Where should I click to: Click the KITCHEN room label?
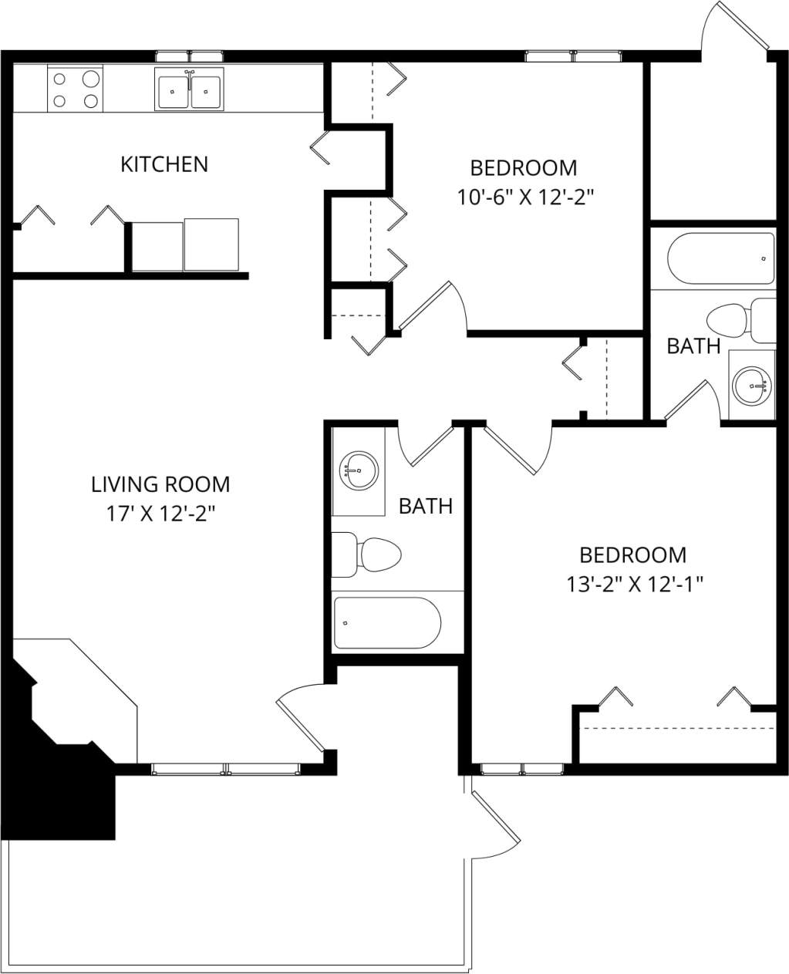(x=164, y=164)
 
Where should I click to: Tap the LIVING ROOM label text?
(x=160, y=484)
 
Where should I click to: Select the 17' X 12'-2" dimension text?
(x=160, y=514)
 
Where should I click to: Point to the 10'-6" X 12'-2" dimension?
(x=524, y=197)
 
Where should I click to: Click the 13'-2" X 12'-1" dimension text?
(x=633, y=585)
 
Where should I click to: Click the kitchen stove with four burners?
(x=76, y=89)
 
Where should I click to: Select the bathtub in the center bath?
(x=386, y=622)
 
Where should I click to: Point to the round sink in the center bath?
(x=359, y=470)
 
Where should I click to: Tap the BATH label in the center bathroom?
(x=425, y=507)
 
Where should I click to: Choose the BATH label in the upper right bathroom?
(x=693, y=346)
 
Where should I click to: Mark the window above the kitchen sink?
(x=189, y=56)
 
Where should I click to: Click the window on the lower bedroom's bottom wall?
(x=522, y=769)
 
